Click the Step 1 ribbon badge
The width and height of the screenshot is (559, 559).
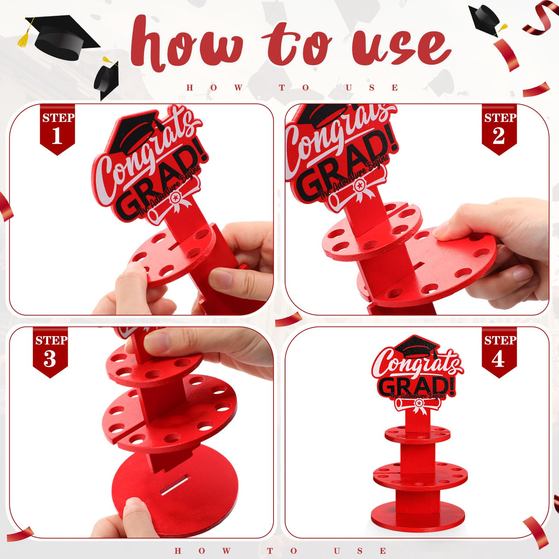[57, 129]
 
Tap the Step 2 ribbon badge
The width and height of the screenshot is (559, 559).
[499, 129]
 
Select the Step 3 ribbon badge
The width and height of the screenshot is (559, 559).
[50, 352]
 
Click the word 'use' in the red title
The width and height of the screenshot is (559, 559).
[401, 46]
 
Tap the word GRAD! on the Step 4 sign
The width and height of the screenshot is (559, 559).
[417, 386]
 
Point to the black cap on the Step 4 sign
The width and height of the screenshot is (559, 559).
[417, 346]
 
